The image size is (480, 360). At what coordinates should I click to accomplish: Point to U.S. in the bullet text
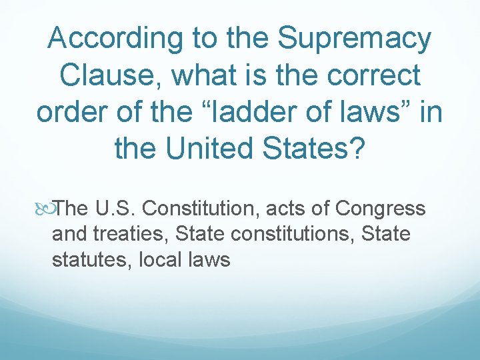pyautogui.click(x=117, y=209)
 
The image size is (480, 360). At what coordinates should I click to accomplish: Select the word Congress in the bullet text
pyautogui.click(x=381, y=209)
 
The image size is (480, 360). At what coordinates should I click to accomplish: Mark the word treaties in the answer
pyautogui.click(x=131, y=234)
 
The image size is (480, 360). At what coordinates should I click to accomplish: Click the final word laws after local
pyautogui.click(x=208, y=259)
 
